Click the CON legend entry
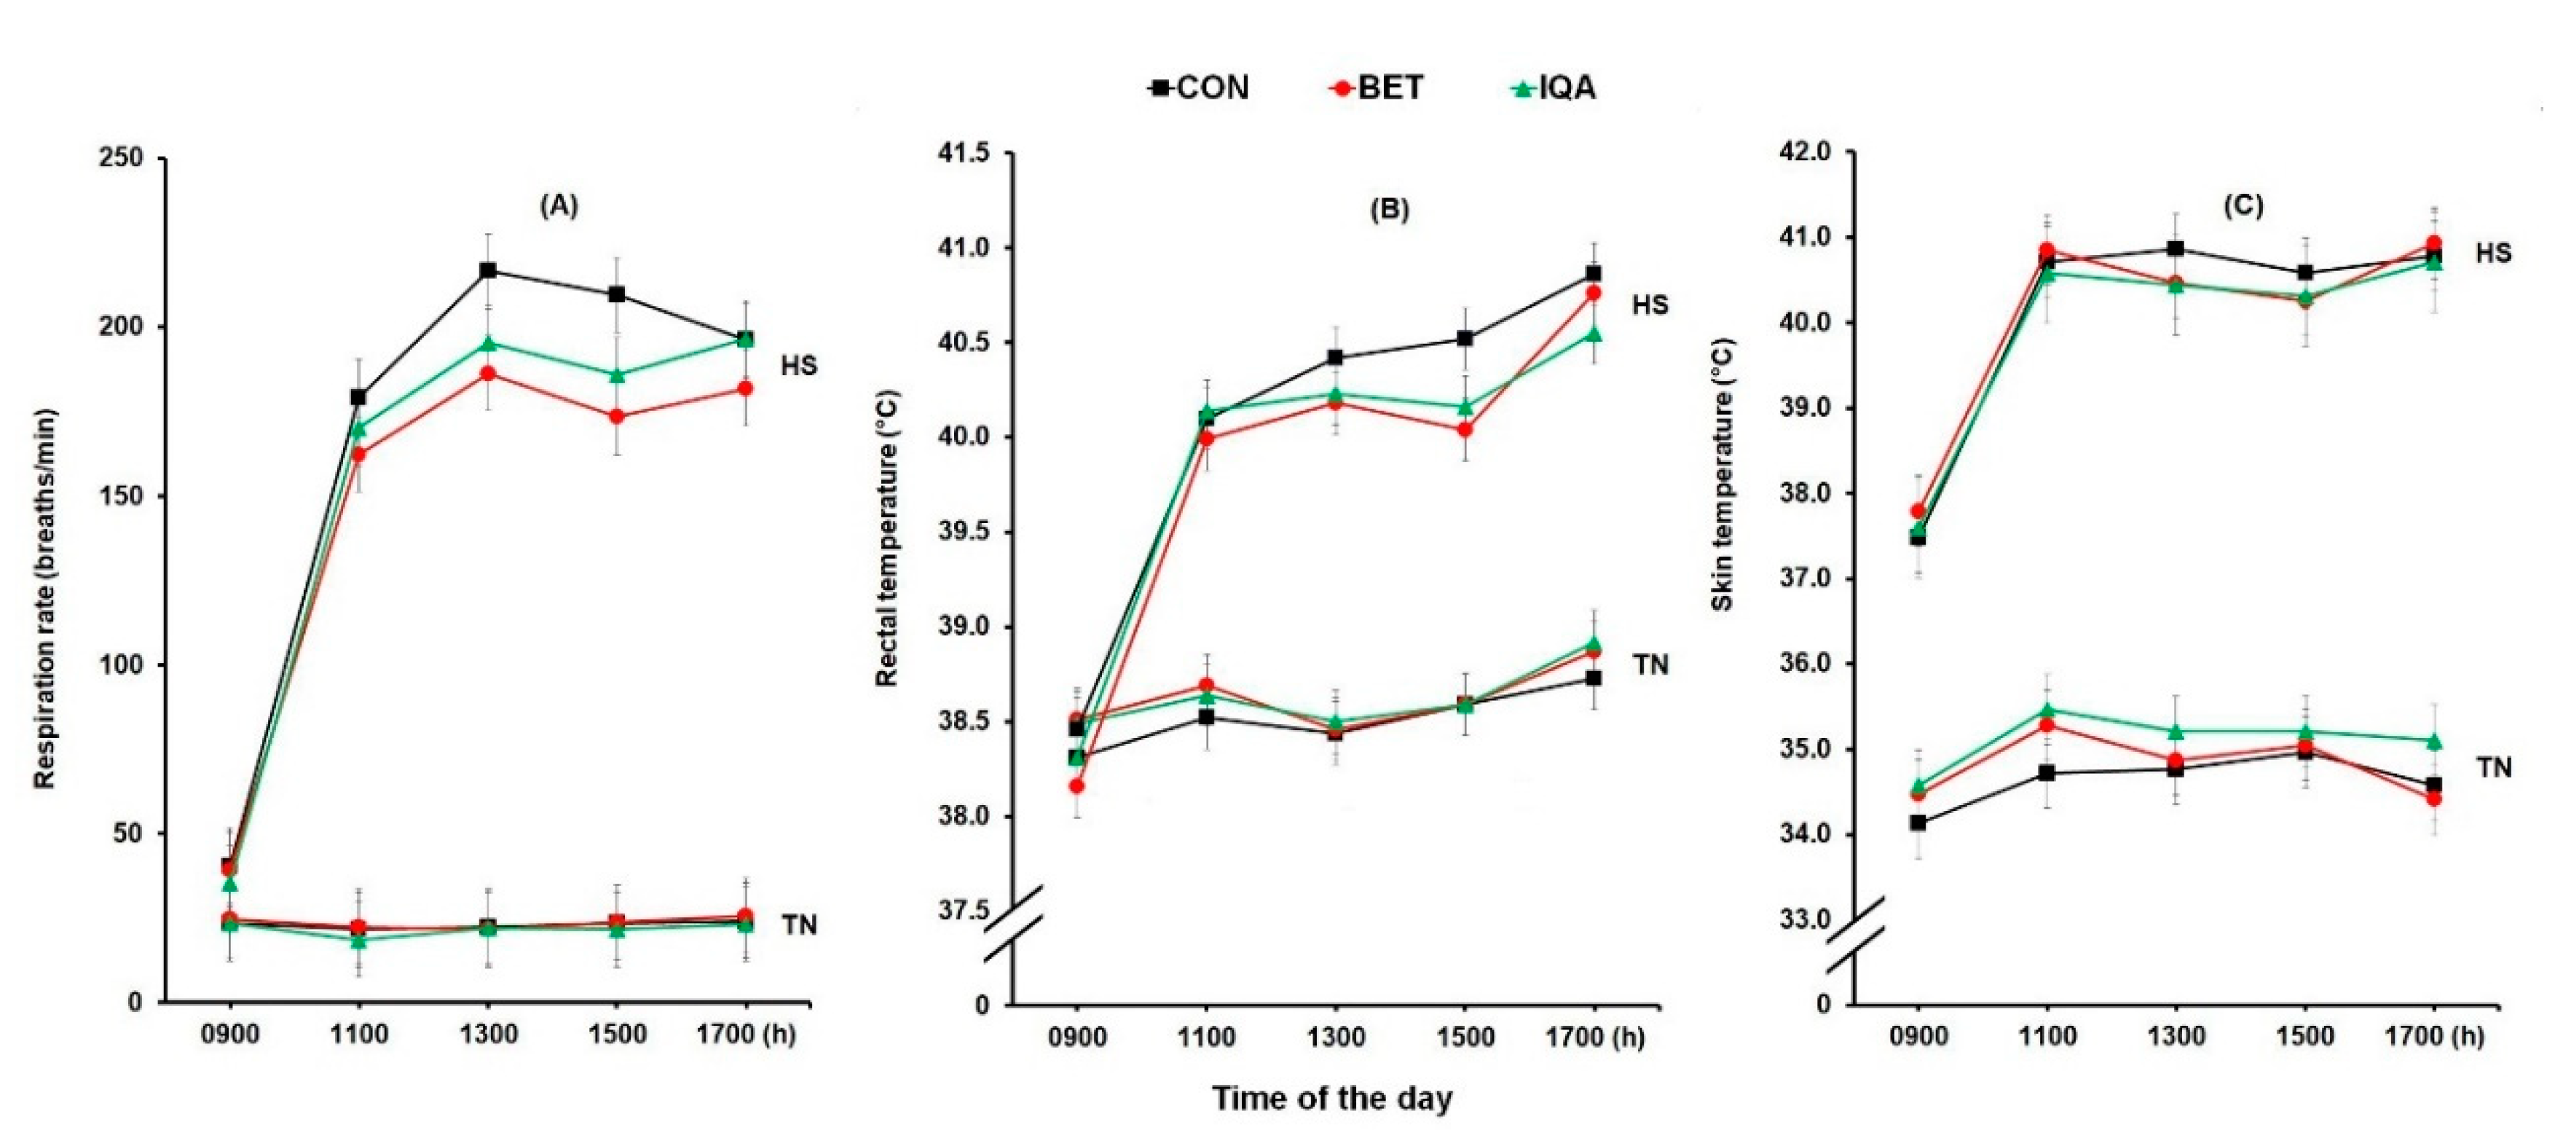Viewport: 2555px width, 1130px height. click(1199, 88)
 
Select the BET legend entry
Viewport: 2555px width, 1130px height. click(1377, 88)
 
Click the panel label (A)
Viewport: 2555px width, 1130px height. click(559, 205)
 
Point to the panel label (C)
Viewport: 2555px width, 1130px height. click(2243, 205)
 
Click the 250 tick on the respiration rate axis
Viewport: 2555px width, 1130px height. click(121, 159)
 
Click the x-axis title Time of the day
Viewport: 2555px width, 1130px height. click(1331, 1099)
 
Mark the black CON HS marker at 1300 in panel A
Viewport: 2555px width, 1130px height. click(487, 271)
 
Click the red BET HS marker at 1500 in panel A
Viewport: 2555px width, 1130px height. click(616, 417)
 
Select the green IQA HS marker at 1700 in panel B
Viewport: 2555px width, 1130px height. click(1593, 334)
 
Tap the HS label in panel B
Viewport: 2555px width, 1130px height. click(1650, 305)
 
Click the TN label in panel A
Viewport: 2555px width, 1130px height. click(798, 925)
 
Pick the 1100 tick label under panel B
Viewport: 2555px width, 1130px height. click(1205, 1037)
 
